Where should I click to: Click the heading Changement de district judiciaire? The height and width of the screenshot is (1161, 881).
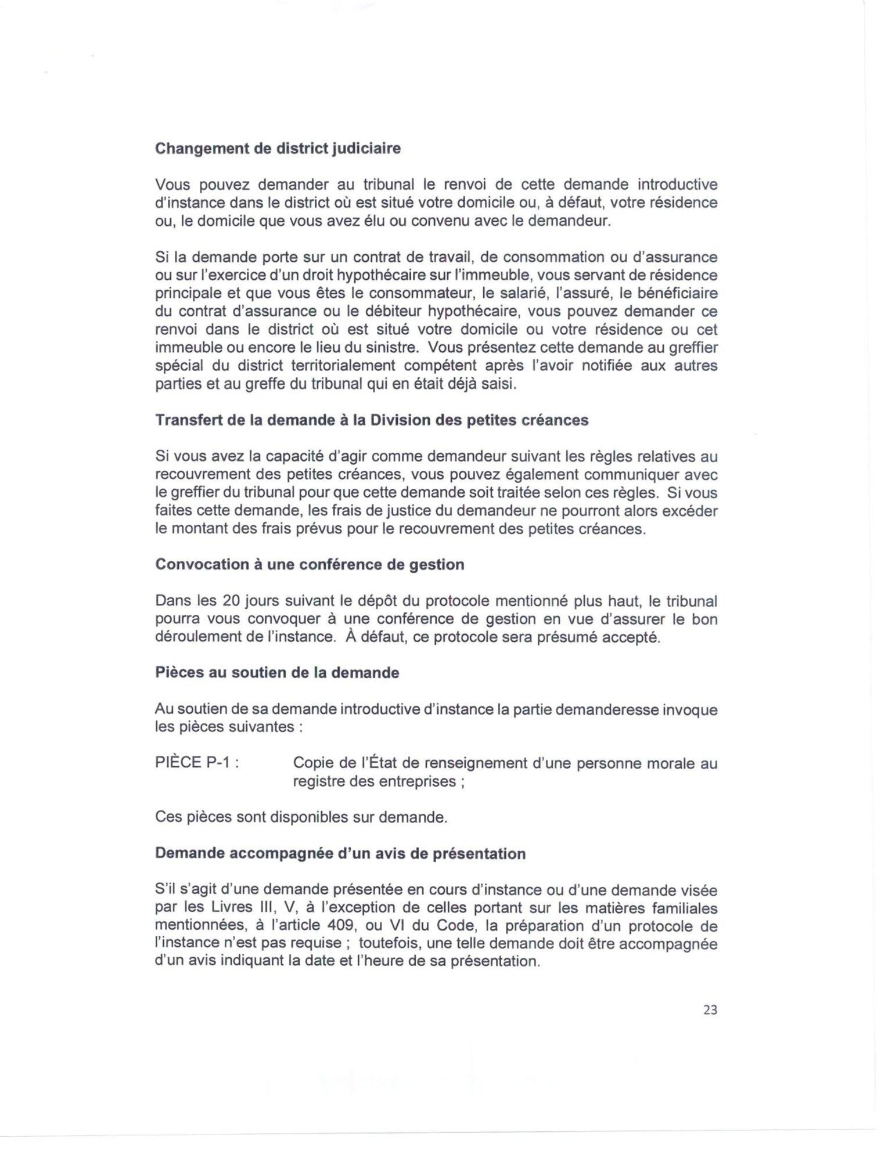point(278,149)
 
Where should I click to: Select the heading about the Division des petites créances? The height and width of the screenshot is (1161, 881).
point(372,420)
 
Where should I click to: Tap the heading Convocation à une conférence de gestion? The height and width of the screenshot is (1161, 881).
point(310,565)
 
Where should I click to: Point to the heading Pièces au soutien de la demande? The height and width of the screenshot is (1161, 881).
point(277,673)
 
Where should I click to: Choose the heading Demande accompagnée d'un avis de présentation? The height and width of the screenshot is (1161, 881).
point(340,854)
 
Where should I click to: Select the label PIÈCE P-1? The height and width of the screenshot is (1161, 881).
point(197,763)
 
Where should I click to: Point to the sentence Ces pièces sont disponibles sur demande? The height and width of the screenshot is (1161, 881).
point(301,817)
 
